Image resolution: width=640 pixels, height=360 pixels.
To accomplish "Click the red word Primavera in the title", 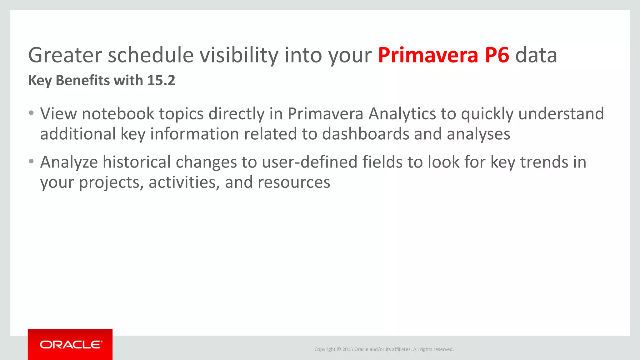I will click(428, 55).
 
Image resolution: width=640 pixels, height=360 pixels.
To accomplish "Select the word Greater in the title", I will click(65, 55).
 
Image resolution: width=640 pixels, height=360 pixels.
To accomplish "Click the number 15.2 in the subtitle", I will click(161, 81).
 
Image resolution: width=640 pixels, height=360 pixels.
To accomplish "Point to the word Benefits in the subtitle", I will click(83, 81).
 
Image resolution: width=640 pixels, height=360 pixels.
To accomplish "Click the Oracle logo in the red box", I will click(71, 345).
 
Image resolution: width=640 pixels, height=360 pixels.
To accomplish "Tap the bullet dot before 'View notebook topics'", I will click(31, 113).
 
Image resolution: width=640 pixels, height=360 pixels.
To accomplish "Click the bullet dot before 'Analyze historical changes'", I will click(31, 162).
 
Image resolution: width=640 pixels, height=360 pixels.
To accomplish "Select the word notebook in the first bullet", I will click(118, 114).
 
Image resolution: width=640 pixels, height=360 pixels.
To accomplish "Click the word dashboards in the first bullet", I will click(366, 134).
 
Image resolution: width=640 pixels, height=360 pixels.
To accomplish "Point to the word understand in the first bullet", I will click(561, 114).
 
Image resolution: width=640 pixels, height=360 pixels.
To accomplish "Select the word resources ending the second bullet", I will click(294, 182).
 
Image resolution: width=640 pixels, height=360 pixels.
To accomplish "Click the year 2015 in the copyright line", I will click(347, 349).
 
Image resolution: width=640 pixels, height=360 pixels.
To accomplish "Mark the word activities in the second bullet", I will click(184, 182).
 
